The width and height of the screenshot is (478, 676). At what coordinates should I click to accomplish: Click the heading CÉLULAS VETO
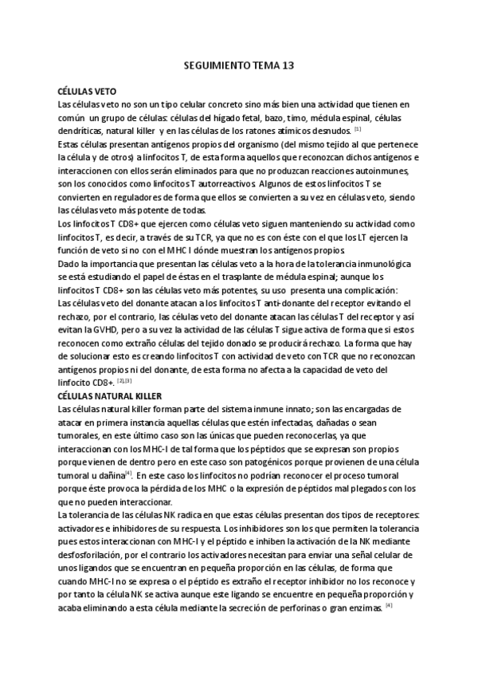click(x=88, y=92)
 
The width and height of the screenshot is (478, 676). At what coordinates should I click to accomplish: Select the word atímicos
click(x=299, y=130)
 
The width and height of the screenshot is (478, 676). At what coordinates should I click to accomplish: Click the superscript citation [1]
click(x=358, y=128)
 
